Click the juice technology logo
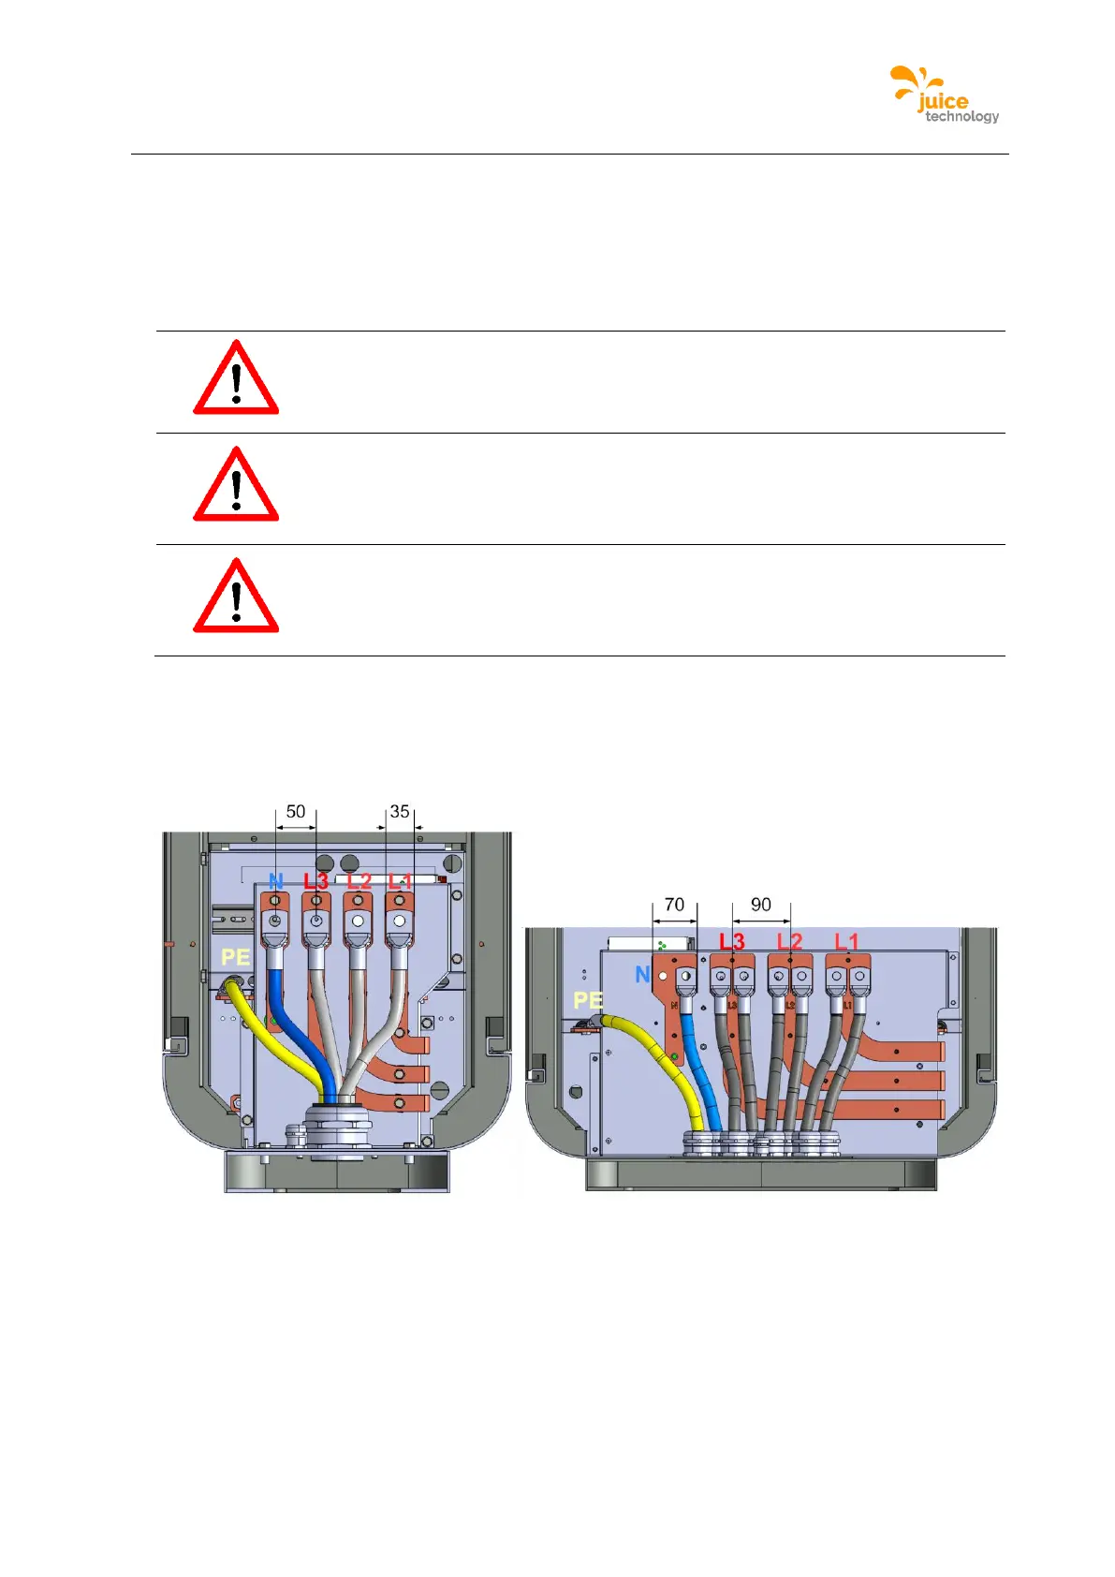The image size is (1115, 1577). (x=944, y=95)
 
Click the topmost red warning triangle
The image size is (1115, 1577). (x=236, y=380)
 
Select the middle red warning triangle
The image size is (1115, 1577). (x=236, y=487)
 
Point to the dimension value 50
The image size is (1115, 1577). (x=296, y=812)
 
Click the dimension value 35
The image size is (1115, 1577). (x=400, y=812)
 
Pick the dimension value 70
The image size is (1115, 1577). (x=674, y=905)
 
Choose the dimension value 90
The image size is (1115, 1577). (x=761, y=905)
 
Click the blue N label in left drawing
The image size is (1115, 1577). (x=275, y=881)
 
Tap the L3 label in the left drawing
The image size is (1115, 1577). (x=315, y=881)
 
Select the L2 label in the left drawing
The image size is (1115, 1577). (x=359, y=881)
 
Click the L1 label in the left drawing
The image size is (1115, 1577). (x=400, y=881)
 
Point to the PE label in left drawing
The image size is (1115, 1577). (x=235, y=957)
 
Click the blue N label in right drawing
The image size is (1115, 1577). (x=642, y=975)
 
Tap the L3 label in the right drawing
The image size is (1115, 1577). (x=732, y=940)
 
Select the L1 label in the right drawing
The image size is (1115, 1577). (x=846, y=940)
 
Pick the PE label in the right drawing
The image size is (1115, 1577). (x=588, y=1000)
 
